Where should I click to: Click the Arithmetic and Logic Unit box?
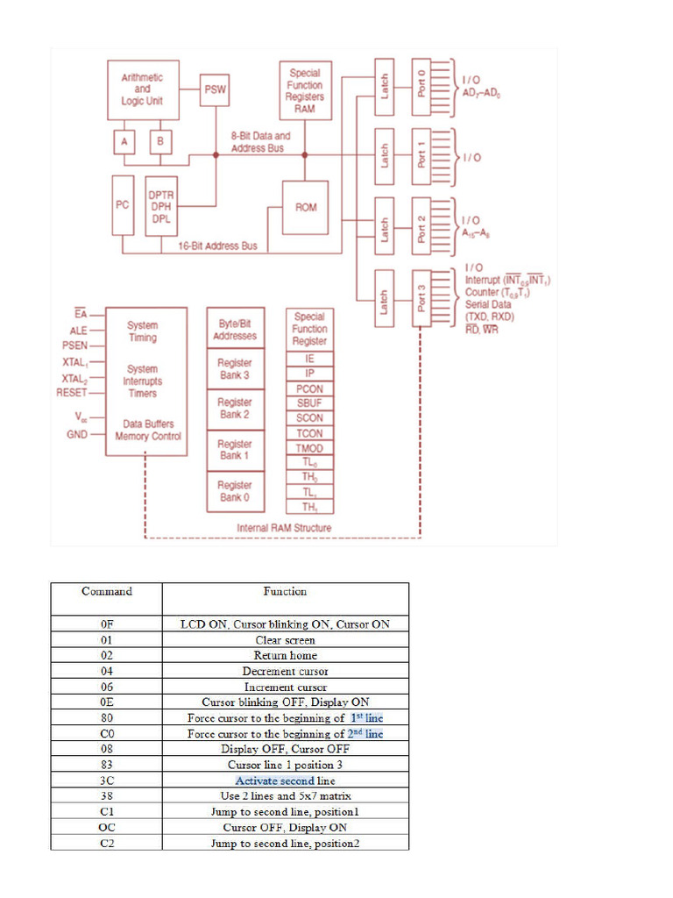pyautogui.click(x=143, y=89)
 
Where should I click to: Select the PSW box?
pyautogui.click(x=215, y=89)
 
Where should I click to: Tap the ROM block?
pyautogui.click(x=305, y=208)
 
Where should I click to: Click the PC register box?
pyautogui.click(x=123, y=204)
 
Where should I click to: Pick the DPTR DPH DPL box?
pyautogui.click(x=161, y=206)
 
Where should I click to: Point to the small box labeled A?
pyautogui.click(x=124, y=140)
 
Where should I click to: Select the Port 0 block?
pyautogui.click(x=422, y=83)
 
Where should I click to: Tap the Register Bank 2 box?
pyautogui.click(x=235, y=409)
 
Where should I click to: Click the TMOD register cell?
pyautogui.click(x=309, y=448)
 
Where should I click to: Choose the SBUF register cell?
pyautogui.click(x=309, y=403)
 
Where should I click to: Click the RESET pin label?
pyautogui.click(x=72, y=393)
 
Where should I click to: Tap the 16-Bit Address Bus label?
pyautogui.click(x=218, y=246)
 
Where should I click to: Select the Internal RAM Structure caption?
pyautogui.click(x=284, y=528)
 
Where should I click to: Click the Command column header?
pyautogui.click(x=107, y=592)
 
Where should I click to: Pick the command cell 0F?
pyautogui.click(x=107, y=624)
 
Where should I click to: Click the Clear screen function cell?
pyautogui.click(x=286, y=640)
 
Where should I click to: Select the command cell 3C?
pyautogui.click(x=107, y=780)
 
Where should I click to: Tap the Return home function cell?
pyautogui.click(x=286, y=656)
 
